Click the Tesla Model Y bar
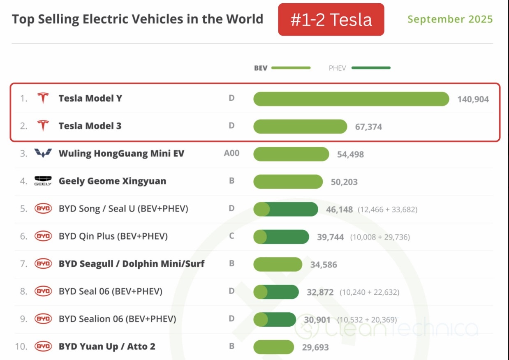pos(351,99)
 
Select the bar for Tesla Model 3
pos(300,127)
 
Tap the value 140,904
pos(473,99)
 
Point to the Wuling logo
pos(43,154)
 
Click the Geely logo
pos(43,181)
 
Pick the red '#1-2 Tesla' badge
pos(331,20)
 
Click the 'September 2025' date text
pos(450,19)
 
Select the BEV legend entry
pos(282,68)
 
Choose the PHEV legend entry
pos(359,68)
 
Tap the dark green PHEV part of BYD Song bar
pos(294,209)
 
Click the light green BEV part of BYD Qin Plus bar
pos(260,237)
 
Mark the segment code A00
pos(231,154)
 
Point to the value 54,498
pos(350,155)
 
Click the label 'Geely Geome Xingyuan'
pos(112,181)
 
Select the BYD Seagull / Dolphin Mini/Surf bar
pos(278,264)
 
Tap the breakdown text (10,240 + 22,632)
pos(369,292)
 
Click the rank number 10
pos(21,346)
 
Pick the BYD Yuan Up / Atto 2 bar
pos(273,347)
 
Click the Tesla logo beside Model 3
pos(43,126)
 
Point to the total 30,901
pos(317,320)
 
